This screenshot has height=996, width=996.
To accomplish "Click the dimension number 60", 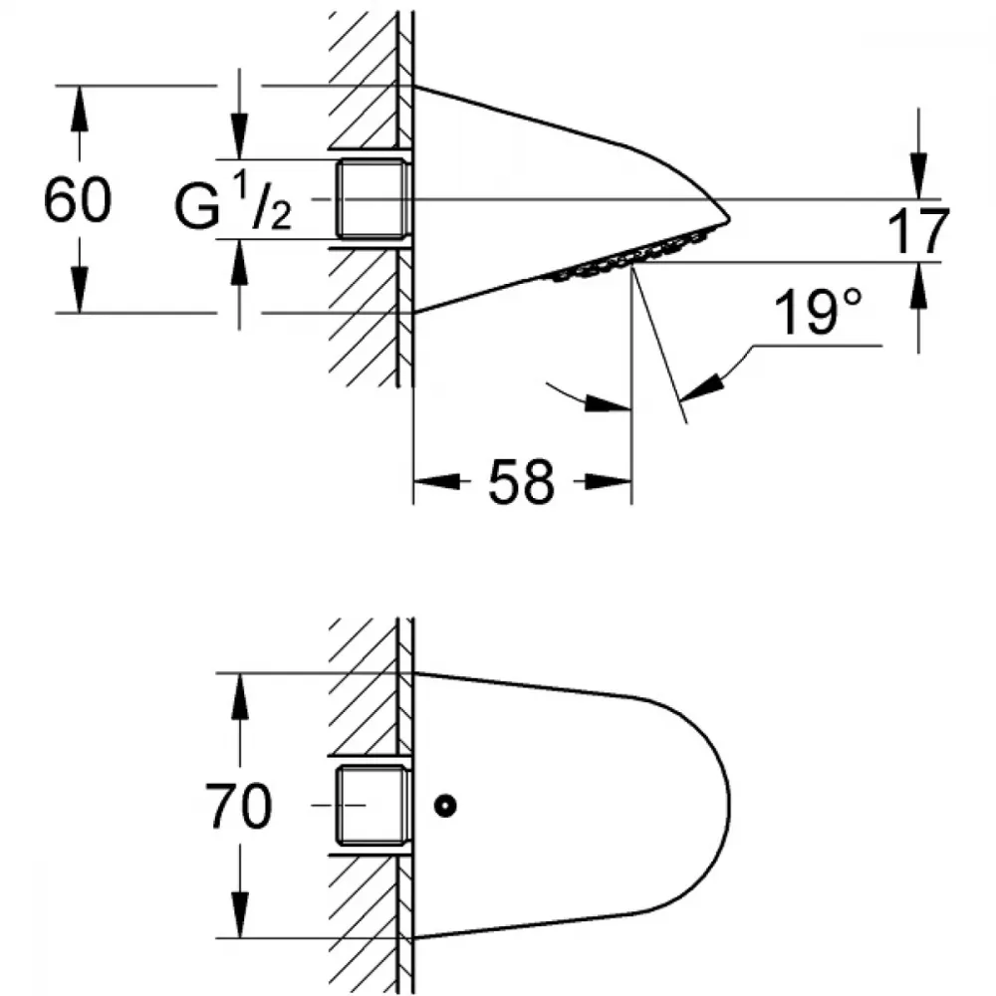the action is pyautogui.click(x=78, y=199).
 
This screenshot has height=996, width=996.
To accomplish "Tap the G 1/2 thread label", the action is pyautogui.click(x=233, y=203).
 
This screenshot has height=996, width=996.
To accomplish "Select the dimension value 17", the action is pyautogui.click(x=918, y=231).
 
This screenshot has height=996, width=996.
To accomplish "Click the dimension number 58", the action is pyautogui.click(x=522, y=481).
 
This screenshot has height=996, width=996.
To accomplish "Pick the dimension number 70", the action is pyautogui.click(x=239, y=806).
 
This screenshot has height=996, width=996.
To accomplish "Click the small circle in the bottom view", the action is pyautogui.click(x=445, y=806).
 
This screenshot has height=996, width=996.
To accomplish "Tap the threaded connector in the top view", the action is pyautogui.click(x=372, y=199).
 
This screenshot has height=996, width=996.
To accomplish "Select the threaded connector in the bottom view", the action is pyautogui.click(x=372, y=806).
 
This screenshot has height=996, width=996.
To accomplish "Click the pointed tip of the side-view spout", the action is pyautogui.click(x=729, y=219).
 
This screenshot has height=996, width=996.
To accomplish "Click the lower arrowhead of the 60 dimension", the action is pyautogui.click(x=79, y=290).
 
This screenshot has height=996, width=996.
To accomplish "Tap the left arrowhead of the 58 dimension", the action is pyautogui.click(x=437, y=481).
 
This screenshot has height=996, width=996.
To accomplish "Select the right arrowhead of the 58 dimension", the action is pyautogui.click(x=609, y=481).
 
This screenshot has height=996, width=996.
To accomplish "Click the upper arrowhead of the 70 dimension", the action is pyautogui.click(x=239, y=695).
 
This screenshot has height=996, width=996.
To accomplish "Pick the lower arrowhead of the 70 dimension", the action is pyautogui.click(x=239, y=914).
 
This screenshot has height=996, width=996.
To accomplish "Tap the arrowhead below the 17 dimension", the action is pyautogui.click(x=918, y=285).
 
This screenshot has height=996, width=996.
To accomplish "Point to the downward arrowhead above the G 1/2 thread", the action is pyautogui.click(x=239, y=135).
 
